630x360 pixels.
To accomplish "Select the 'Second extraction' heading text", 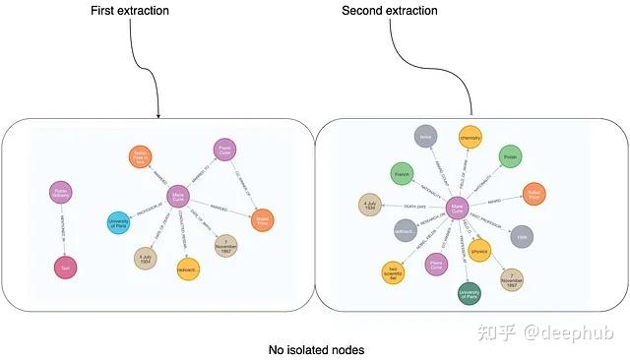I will point(390,10).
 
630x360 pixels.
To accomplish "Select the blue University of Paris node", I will point(118,223).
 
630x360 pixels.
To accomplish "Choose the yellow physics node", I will point(479,252).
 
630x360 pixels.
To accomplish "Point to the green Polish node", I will point(509,156).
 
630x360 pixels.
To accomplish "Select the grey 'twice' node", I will point(425,137).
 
